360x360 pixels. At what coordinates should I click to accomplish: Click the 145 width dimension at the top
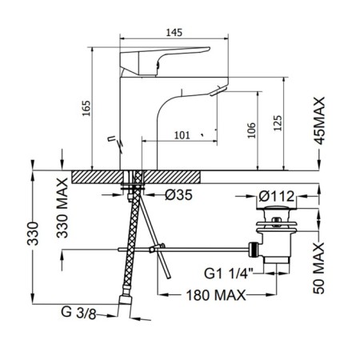(x=174, y=33)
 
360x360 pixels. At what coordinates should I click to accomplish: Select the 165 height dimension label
(x=86, y=108)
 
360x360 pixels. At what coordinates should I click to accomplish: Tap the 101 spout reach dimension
(x=182, y=135)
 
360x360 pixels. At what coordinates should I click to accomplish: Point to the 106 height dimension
(x=251, y=130)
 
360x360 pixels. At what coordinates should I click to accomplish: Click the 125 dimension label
(x=278, y=123)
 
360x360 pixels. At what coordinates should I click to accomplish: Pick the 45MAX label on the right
(x=319, y=121)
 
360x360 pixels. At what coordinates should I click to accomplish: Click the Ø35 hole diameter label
(x=178, y=195)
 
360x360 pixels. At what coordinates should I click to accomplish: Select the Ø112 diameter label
(x=277, y=197)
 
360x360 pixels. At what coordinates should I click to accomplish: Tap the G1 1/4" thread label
(x=229, y=274)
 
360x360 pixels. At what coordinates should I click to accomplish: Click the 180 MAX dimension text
(x=216, y=295)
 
